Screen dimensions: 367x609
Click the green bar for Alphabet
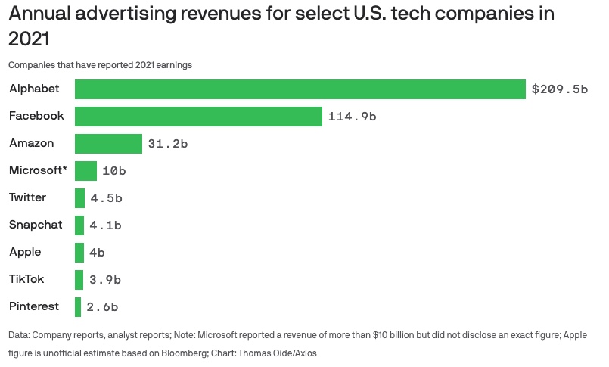(x=300, y=89)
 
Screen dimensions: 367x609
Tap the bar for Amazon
(x=108, y=144)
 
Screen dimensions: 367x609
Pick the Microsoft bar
(x=85, y=171)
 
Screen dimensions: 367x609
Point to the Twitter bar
(x=79, y=198)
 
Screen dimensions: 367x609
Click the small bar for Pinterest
(x=78, y=307)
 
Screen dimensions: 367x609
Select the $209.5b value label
(x=559, y=89)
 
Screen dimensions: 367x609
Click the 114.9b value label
(x=352, y=117)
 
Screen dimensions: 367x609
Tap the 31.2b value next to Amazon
(x=168, y=144)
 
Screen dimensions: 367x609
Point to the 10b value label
(x=113, y=171)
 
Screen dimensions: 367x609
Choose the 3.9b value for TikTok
(x=105, y=280)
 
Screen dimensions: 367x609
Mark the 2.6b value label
(x=102, y=307)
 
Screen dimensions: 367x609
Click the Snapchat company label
(x=36, y=225)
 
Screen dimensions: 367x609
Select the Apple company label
(x=25, y=252)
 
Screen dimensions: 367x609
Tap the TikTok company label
(x=26, y=279)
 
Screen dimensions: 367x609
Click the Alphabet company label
(x=34, y=89)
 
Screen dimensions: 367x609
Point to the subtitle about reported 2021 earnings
(x=100, y=65)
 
